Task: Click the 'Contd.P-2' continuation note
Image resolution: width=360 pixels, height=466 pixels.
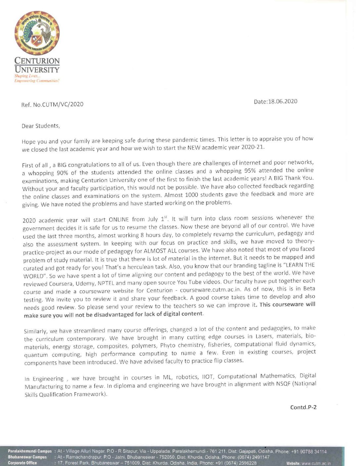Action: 303,407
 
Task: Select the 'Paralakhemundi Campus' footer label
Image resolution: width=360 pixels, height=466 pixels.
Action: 30,451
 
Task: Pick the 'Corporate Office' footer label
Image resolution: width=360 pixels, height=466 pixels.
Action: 22,463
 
